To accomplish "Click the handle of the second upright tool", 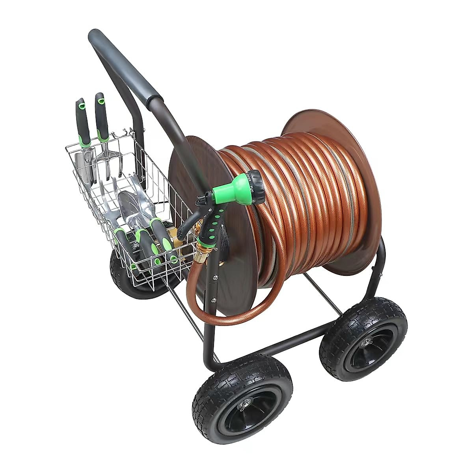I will [102, 118].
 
